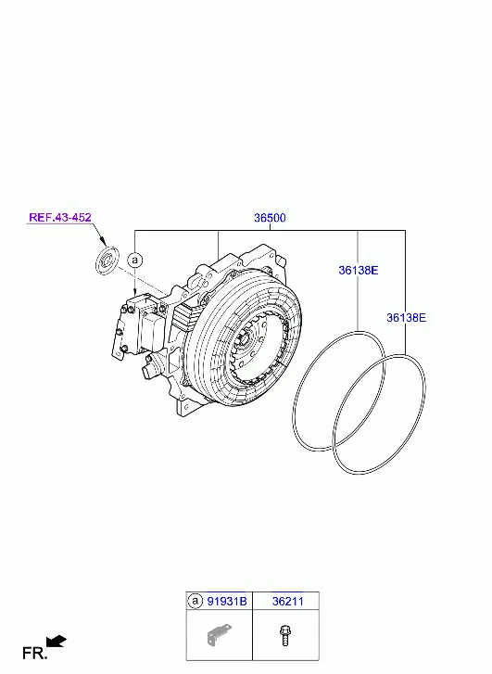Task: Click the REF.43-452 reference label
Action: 59,218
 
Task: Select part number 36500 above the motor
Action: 270,218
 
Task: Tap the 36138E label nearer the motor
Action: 357,271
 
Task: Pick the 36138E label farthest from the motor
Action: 406,317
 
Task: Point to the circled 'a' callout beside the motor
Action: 135,261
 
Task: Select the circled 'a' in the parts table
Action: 195,601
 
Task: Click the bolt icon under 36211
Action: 284,636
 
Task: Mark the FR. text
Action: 34,654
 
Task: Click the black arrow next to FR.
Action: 57,640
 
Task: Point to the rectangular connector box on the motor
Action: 150,326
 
